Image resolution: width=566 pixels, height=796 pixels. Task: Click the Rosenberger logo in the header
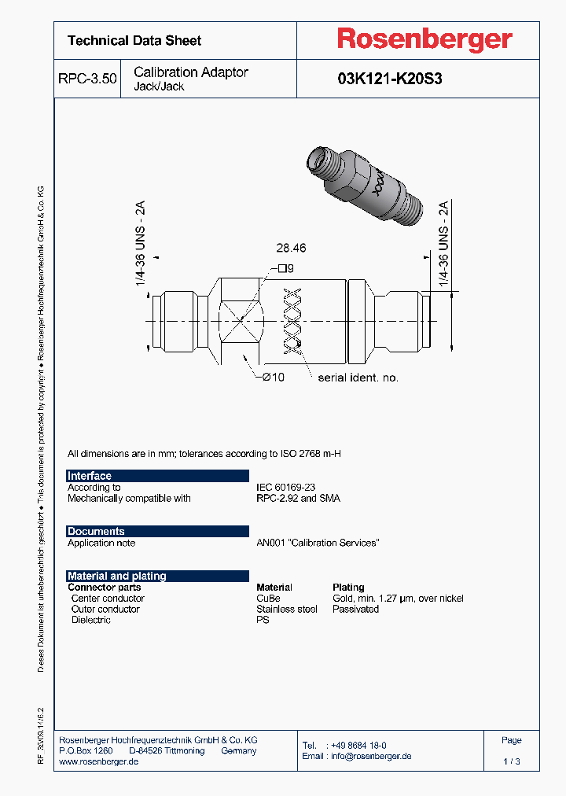coord(424,39)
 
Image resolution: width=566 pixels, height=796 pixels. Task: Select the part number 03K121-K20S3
coord(389,79)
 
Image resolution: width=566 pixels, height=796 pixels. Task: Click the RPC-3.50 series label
coord(87,79)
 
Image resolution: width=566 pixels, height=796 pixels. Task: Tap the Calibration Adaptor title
coord(191,72)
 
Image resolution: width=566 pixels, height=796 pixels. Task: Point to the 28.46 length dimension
coord(291,248)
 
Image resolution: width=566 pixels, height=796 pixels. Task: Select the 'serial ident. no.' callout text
coord(358,378)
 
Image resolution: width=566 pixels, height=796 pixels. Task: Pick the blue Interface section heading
coord(90,476)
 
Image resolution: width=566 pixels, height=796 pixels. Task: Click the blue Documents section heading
coord(96,531)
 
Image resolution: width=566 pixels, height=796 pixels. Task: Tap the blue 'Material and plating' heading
coord(117,576)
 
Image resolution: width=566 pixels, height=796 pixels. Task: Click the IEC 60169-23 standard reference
coord(286,488)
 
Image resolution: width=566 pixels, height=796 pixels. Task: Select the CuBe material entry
coord(268,599)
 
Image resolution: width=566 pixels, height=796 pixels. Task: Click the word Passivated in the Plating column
coord(355,610)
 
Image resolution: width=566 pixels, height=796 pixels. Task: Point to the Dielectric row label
coord(91,621)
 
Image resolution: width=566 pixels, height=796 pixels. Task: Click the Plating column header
coord(348,588)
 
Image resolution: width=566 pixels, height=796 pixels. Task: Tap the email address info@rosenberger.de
coord(369,756)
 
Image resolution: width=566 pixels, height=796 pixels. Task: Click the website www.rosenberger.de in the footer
coord(99,762)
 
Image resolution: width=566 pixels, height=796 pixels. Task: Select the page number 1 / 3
coord(511,762)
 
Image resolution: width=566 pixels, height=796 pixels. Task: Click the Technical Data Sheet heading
coord(134,40)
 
